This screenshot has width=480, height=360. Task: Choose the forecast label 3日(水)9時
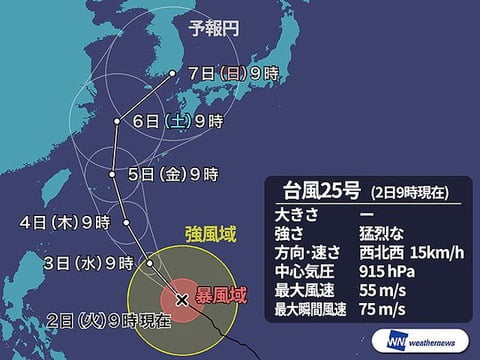[x=91, y=263]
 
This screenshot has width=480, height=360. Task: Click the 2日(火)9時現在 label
[x=110, y=320]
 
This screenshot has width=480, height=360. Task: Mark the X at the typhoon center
[x=181, y=298]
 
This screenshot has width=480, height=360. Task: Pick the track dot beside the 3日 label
[x=148, y=263]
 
